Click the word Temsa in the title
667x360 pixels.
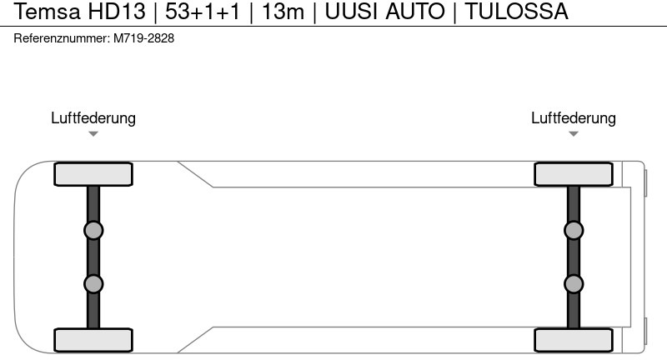(x=47, y=12)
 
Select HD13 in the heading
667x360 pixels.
(x=117, y=12)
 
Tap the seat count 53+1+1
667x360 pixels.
(x=203, y=12)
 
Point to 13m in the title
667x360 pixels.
(x=283, y=12)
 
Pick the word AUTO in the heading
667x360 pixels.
(x=415, y=12)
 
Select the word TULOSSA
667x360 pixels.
(x=516, y=12)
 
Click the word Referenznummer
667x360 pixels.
(x=62, y=38)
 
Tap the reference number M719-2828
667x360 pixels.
(x=143, y=38)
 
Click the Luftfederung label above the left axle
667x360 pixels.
(x=93, y=118)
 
